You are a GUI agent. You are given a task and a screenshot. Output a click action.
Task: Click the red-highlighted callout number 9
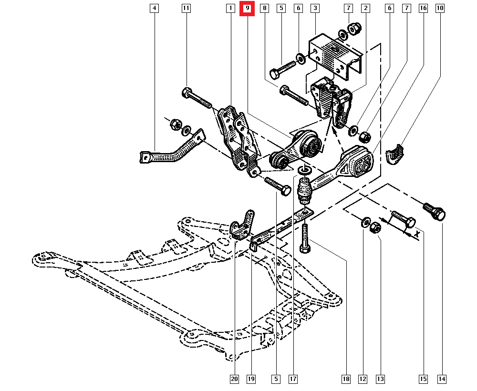[247, 8]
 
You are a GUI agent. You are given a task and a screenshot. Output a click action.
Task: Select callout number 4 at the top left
[154, 8]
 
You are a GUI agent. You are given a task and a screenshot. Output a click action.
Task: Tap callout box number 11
[186, 8]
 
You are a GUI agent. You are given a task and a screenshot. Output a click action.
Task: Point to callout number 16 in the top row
[423, 8]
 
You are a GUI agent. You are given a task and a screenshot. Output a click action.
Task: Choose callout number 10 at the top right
[440, 8]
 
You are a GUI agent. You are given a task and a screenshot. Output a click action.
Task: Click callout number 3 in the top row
[314, 8]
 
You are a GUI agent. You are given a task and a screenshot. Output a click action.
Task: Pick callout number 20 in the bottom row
[234, 379]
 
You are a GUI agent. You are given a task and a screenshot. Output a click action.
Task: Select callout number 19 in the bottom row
[251, 379]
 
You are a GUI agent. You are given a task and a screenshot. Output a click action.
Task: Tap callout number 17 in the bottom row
[293, 379]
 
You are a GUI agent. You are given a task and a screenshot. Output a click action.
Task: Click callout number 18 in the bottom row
[346, 379]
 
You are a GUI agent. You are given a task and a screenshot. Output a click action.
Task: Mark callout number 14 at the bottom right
[442, 379]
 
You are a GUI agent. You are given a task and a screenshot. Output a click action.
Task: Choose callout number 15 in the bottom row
[423, 379]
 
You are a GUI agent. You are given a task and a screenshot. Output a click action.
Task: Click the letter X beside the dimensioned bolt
[416, 234]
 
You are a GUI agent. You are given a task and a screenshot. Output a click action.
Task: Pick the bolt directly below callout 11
[196, 97]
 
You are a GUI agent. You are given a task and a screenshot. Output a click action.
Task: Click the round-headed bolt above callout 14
[434, 210]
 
